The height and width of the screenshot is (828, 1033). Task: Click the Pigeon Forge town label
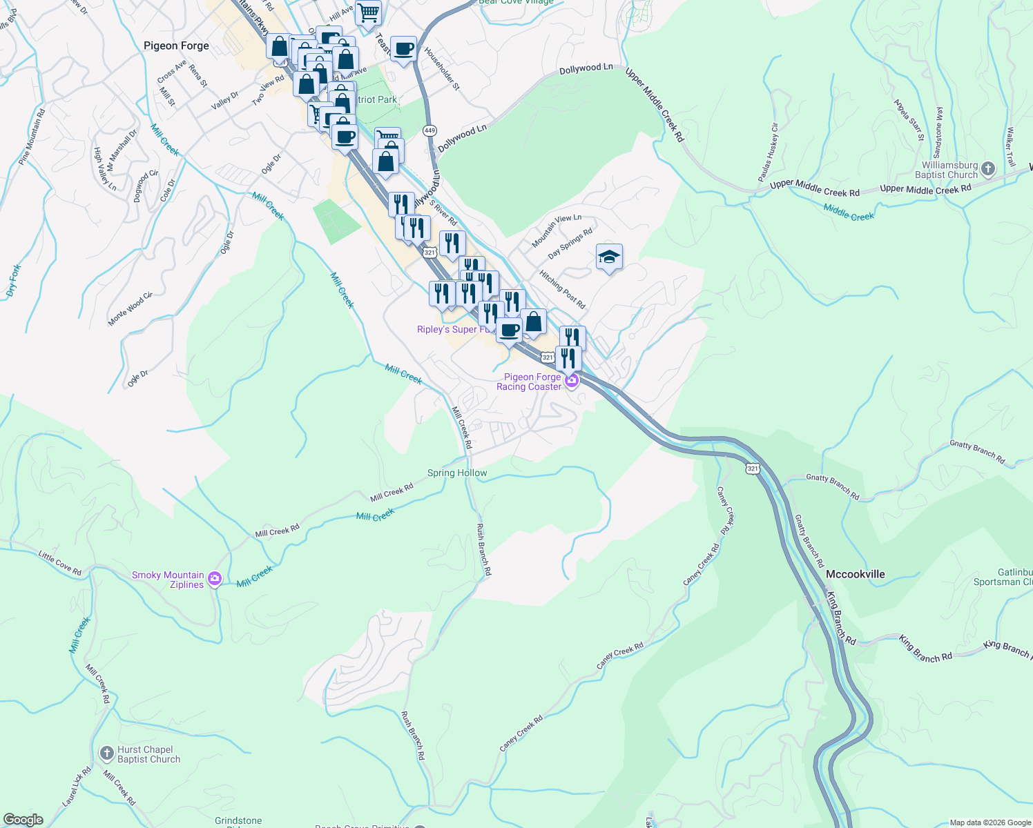[x=176, y=46]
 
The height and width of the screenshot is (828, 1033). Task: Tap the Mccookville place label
[x=856, y=574]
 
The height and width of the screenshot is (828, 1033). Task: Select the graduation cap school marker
[x=609, y=257]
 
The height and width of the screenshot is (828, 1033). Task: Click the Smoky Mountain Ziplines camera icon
[x=215, y=579]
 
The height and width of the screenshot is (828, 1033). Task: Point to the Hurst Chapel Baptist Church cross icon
[x=107, y=753]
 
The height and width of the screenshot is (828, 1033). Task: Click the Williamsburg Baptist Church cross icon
[x=988, y=168]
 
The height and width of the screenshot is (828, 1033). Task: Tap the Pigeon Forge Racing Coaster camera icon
[x=571, y=380]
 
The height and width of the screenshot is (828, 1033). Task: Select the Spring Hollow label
[x=457, y=473]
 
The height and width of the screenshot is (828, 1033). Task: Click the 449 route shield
[x=430, y=130]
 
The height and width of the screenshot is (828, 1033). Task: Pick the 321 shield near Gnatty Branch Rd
[x=753, y=469]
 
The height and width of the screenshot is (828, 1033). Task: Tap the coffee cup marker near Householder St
[x=403, y=49]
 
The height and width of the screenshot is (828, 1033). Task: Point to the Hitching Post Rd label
[x=562, y=290]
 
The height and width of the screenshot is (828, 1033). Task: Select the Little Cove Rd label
[x=60, y=563]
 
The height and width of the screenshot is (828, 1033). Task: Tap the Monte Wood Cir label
[x=130, y=309]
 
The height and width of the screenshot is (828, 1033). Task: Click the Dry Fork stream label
[x=14, y=281]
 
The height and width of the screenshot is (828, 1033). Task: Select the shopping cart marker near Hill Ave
[x=369, y=12]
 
